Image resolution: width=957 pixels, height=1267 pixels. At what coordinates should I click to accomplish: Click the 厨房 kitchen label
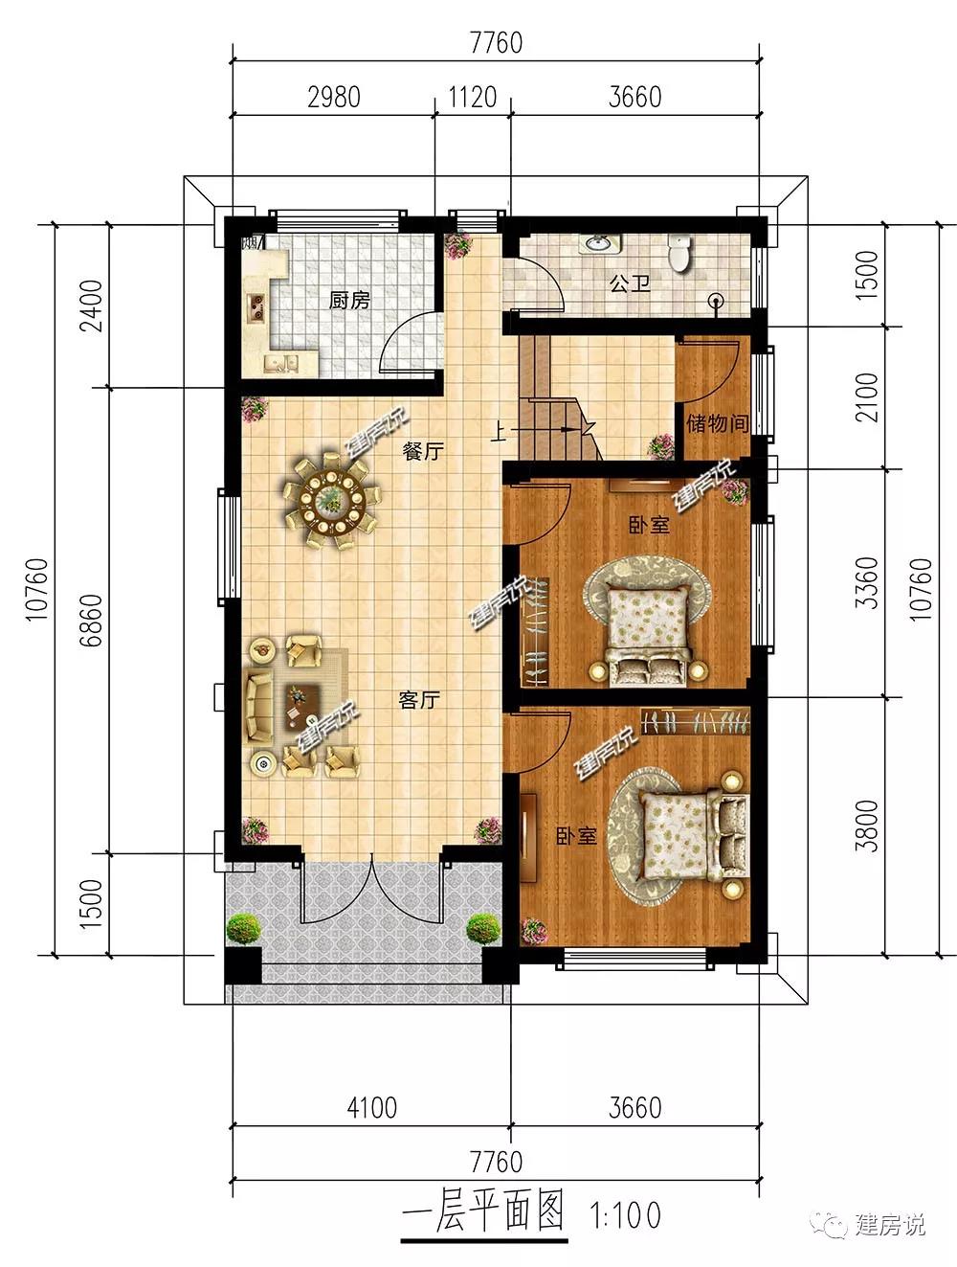pos(349,300)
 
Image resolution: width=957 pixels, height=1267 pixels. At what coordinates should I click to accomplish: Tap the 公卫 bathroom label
pos(630,283)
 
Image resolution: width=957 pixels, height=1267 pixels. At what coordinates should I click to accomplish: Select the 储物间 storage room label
pos(717,423)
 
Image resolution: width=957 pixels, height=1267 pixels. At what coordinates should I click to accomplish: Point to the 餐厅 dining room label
pos(423,451)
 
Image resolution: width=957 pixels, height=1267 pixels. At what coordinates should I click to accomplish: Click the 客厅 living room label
pos(419,700)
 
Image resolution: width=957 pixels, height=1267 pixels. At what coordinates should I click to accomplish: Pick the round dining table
pos(331,499)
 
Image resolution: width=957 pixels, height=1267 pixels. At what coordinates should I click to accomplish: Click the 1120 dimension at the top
pos(473,97)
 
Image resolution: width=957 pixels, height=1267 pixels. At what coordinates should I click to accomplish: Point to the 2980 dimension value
pos(334,97)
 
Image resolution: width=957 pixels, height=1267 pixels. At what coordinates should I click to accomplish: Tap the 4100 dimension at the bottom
pos(371,1108)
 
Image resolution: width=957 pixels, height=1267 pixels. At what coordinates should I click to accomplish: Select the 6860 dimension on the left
pos(92,621)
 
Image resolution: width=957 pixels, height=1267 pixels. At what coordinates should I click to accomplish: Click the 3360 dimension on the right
pos(867,583)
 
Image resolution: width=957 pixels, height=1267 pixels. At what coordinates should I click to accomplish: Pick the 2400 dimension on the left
pos(92,305)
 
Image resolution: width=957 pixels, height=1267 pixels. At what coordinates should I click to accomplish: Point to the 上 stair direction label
pos(499,431)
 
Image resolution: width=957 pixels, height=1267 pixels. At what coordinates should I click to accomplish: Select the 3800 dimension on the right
pos(867,826)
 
